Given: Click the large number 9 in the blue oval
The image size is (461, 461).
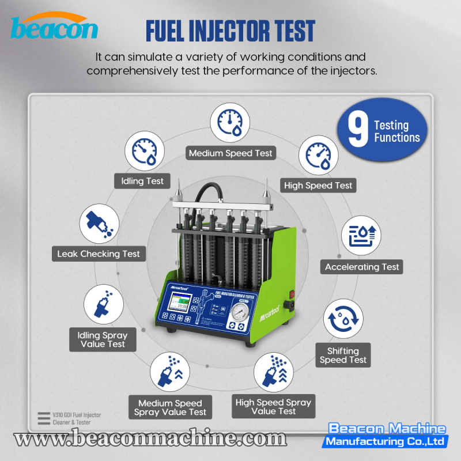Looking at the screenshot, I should (358, 131).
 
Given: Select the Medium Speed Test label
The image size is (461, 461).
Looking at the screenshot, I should (231, 153).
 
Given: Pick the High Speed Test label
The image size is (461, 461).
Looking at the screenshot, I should (318, 186).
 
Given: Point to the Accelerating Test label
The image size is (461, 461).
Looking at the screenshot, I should (362, 267).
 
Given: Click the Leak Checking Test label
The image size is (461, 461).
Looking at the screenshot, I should (99, 254).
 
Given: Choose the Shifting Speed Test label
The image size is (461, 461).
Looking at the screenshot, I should (343, 355).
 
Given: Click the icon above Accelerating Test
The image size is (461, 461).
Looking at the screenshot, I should (362, 236).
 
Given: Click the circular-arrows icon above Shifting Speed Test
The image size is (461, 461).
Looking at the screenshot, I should (343, 320).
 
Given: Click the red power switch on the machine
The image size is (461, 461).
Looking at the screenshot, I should (292, 293).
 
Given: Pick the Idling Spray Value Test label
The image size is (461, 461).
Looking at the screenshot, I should (103, 339).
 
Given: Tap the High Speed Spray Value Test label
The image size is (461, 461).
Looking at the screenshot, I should (273, 406).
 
